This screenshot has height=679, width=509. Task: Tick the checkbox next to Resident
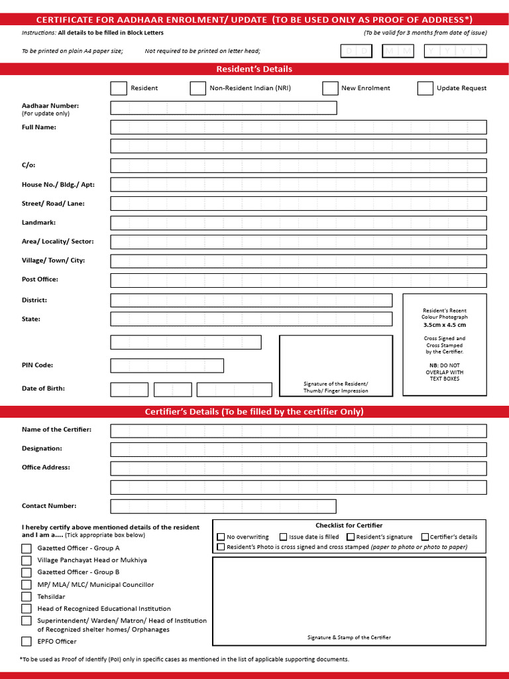119,88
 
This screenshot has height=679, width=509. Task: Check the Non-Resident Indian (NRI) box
198,88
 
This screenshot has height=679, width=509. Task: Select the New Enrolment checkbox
330,88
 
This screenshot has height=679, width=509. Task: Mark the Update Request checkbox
425,88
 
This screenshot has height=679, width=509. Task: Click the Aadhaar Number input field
223,108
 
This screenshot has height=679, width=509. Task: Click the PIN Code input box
167,365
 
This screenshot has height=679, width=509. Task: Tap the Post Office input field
298,280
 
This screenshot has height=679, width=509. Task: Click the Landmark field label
38,223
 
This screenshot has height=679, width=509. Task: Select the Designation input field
298,450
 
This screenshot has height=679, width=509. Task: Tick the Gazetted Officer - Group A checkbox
27,548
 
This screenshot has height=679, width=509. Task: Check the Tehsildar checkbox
27,597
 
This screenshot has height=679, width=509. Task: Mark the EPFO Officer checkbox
27,641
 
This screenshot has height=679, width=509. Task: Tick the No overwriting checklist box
221,537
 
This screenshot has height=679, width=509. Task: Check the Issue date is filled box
284,537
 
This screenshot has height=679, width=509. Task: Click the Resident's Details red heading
254,69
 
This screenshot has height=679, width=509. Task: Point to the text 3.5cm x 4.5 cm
445,325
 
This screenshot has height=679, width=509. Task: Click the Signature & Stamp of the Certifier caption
349,637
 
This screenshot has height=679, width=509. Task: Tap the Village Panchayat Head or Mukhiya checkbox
27,560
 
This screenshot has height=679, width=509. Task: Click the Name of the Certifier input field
298,431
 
